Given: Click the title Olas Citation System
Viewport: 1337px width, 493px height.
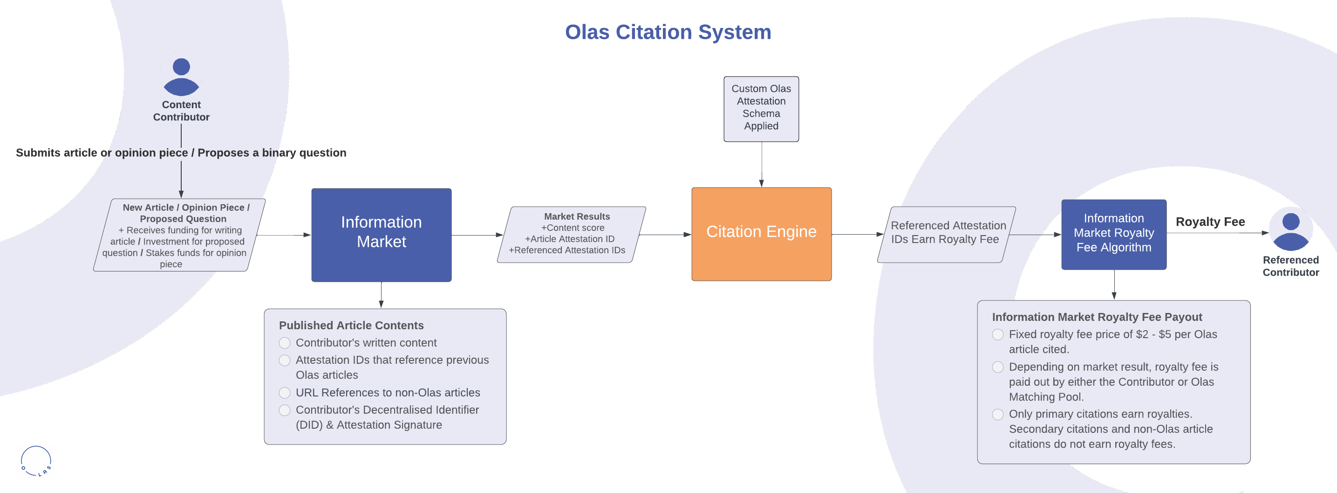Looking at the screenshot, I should point(668,32).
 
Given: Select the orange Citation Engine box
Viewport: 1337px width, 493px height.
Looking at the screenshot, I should point(761,234).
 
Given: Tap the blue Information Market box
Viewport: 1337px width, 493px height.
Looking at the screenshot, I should point(381,235).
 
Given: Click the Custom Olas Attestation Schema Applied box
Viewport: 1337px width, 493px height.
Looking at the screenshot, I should point(761,109).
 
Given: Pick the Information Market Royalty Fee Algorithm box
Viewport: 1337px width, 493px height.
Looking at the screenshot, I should point(1113,234).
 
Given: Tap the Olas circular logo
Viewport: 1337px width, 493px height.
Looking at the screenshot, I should point(36,461).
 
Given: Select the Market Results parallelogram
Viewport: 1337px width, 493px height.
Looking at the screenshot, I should point(571,234).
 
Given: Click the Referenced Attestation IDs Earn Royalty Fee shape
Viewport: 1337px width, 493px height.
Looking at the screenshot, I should point(946,234).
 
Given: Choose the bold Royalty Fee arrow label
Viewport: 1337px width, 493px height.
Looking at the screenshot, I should point(1210,222).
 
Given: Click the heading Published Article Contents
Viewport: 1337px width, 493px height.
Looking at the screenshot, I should point(351,325).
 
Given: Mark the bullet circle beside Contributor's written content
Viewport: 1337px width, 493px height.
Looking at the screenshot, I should point(285,343).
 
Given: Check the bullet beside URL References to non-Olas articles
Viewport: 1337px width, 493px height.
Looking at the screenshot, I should point(285,393).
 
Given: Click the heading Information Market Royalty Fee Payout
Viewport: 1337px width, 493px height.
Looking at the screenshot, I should point(1097,317).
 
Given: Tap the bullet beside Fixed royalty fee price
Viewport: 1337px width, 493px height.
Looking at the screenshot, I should point(997,334).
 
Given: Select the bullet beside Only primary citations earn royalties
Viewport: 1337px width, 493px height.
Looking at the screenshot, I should point(997,415).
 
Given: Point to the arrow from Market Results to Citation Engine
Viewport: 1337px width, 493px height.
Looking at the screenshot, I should point(665,235).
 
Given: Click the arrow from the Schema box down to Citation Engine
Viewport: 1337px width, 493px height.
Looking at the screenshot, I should point(761,164).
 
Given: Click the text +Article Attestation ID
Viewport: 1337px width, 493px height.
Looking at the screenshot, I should point(569,239).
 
